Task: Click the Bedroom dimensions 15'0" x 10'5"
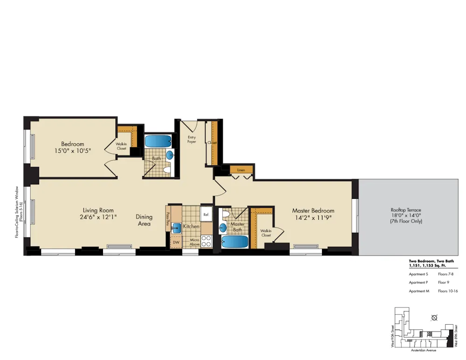[x=72, y=150]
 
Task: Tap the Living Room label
[x=98, y=210]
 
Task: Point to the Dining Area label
[x=144, y=220]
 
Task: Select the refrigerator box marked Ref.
[x=206, y=214]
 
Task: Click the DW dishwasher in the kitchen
[x=176, y=242]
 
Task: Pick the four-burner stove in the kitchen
[x=206, y=241]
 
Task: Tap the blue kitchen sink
[x=177, y=228]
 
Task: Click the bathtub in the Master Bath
[x=234, y=242]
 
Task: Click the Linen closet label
[x=241, y=170]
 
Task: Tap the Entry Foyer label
[x=192, y=139]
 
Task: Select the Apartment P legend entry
[x=418, y=282]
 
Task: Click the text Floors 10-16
[x=448, y=291]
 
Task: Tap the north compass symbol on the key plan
[x=434, y=318]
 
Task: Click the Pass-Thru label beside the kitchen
[x=168, y=219]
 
